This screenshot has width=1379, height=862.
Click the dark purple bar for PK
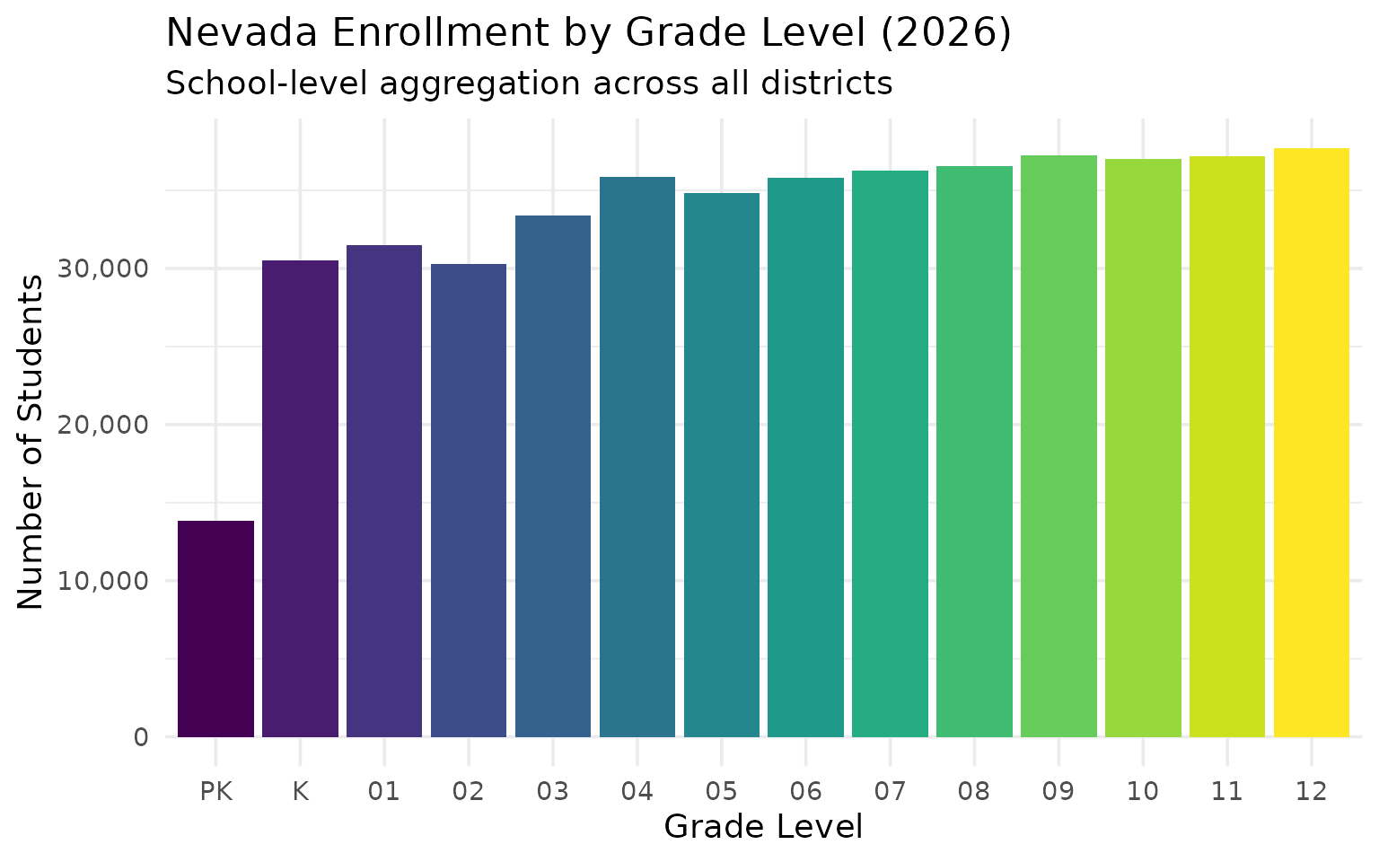(215, 629)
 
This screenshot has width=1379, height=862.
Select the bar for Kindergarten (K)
(300, 498)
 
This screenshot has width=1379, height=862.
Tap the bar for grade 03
(553, 476)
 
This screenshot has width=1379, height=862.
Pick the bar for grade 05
(722, 465)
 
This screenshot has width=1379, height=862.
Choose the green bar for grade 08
(974, 452)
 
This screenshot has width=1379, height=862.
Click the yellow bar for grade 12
(1312, 443)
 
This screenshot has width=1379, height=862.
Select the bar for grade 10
(1143, 448)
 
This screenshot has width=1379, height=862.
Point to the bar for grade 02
(469, 500)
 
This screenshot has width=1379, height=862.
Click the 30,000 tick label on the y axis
(102, 268)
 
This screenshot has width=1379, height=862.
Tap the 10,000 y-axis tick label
(102, 581)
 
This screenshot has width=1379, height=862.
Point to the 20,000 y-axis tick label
(102, 425)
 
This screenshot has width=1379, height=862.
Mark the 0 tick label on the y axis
(141, 737)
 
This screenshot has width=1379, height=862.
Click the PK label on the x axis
(215, 791)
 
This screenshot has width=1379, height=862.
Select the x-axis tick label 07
(890, 791)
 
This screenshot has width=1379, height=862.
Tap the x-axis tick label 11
(1227, 791)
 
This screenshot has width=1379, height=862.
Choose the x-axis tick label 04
(637, 791)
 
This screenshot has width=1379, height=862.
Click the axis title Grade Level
(763, 827)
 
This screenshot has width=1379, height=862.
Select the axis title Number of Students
(31, 442)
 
